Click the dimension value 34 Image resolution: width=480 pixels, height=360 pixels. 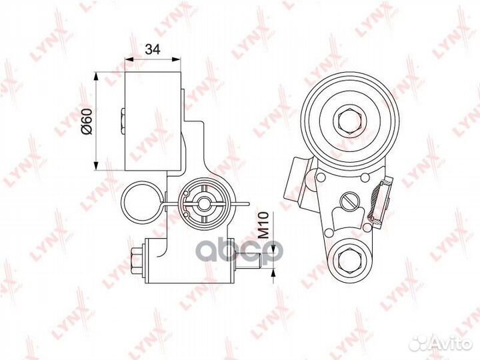coord(153,49)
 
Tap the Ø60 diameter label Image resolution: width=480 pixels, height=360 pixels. coord(87,121)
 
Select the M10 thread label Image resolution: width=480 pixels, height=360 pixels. coord(263,225)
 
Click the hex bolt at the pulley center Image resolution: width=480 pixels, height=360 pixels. coord(350,121)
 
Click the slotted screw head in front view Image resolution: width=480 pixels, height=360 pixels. coord(349,201)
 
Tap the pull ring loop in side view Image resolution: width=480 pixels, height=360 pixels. coord(141,202)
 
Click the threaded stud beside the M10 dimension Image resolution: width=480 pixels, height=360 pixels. coord(248,261)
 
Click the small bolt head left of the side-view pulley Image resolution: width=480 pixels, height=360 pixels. coord(123,121)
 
